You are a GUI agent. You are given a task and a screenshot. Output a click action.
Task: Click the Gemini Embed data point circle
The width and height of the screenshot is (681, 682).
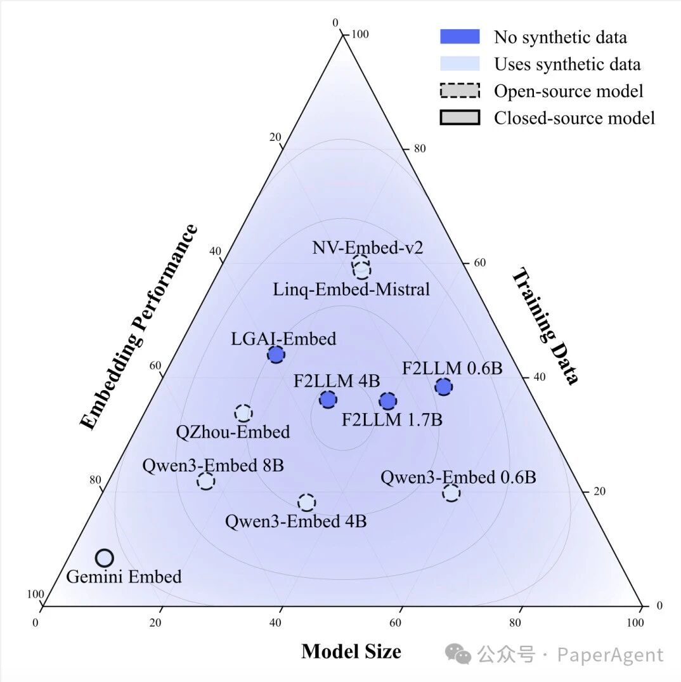pyautogui.click(x=105, y=558)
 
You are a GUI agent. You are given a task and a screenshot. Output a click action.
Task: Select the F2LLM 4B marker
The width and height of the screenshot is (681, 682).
pyautogui.click(x=328, y=399)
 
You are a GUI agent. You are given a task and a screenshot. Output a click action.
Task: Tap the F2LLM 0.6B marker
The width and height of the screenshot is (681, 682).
pyautogui.click(x=444, y=386)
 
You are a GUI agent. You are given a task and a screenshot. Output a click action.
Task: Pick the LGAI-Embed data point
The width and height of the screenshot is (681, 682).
pyautogui.click(x=276, y=355)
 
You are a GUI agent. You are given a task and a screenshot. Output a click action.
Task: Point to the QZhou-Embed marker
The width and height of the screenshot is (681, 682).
pyautogui.click(x=243, y=413)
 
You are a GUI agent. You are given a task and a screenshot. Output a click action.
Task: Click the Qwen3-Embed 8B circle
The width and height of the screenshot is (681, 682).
pyautogui.click(x=205, y=481)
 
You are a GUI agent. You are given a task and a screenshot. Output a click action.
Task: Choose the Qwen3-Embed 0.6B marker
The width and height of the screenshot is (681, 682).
pyautogui.click(x=451, y=492)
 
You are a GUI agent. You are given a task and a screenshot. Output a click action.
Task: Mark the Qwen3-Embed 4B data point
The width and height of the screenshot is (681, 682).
pyautogui.click(x=307, y=502)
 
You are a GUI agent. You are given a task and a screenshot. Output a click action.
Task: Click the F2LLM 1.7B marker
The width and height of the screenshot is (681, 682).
pyautogui.click(x=387, y=400)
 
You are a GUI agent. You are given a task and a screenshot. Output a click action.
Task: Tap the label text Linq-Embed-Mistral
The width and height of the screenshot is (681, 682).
pyautogui.click(x=351, y=290)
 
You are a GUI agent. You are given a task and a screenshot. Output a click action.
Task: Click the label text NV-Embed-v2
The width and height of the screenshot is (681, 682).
pyautogui.click(x=358, y=247)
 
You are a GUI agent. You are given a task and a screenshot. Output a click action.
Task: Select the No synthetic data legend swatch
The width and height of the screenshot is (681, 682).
pyautogui.click(x=460, y=37)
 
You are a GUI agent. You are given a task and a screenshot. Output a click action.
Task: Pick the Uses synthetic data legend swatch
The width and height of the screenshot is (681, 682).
pyautogui.click(x=460, y=64)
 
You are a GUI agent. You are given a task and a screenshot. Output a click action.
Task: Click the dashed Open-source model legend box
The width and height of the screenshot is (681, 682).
pyautogui.click(x=460, y=91)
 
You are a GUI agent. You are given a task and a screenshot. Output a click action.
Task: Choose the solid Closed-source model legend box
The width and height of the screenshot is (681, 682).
pyautogui.click(x=460, y=118)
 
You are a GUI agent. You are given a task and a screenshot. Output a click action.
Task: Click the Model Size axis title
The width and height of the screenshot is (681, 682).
pyautogui.click(x=351, y=652)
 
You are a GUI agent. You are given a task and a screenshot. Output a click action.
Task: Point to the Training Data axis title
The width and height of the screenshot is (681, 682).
pyautogui.click(x=545, y=327)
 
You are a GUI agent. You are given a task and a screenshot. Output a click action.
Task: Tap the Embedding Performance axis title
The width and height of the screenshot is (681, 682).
pyautogui.click(x=139, y=327)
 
